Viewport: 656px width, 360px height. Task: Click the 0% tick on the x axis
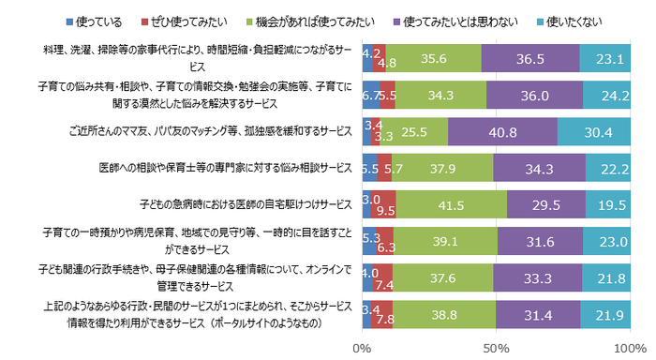pyautogui.click(x=362, y=348)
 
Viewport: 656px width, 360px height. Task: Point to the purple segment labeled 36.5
pyautogui.click(x=529, y=57)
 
